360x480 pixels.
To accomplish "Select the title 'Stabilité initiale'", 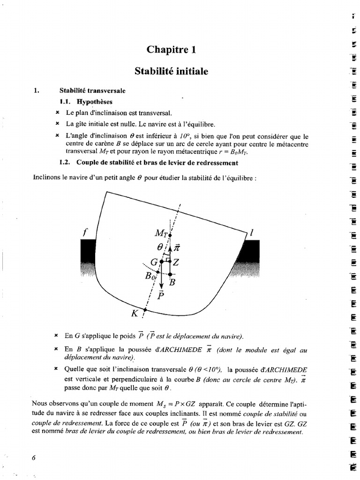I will tap(171, 71).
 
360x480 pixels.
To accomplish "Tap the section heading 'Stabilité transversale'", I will tap(92, 90).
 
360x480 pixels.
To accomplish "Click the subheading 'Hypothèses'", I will tap(95, 101).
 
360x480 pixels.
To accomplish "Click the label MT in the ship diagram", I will tap(162, 232).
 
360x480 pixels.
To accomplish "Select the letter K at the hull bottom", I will tap(135, 314).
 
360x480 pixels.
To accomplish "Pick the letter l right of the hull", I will tap(252, 232).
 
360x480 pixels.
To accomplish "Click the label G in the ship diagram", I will tap(153, 262).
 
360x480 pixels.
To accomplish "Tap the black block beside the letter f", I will tap(88, 251).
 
